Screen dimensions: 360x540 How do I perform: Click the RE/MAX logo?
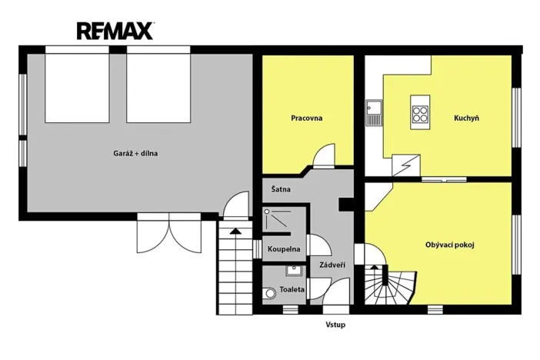tap(115, 31)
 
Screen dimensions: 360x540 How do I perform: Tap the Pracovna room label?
tap(306, 118)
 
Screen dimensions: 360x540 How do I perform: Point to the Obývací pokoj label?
tap(449, 245)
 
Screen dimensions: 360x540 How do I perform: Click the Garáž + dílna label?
tap(135, 153)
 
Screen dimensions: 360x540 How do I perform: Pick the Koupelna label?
tap(283, 249)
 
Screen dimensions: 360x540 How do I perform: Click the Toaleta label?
tap(292, 289)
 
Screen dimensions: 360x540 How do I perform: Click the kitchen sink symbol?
tap(374, 113)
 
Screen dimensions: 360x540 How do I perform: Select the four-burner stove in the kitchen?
tap(420, 114)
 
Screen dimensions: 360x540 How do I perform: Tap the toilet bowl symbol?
tap(268, 293)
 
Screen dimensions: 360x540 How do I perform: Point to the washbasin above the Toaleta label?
tap(293, 270)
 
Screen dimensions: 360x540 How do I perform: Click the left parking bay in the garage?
tap(77, 87)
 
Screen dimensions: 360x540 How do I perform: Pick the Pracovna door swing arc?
tap(325, 154)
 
